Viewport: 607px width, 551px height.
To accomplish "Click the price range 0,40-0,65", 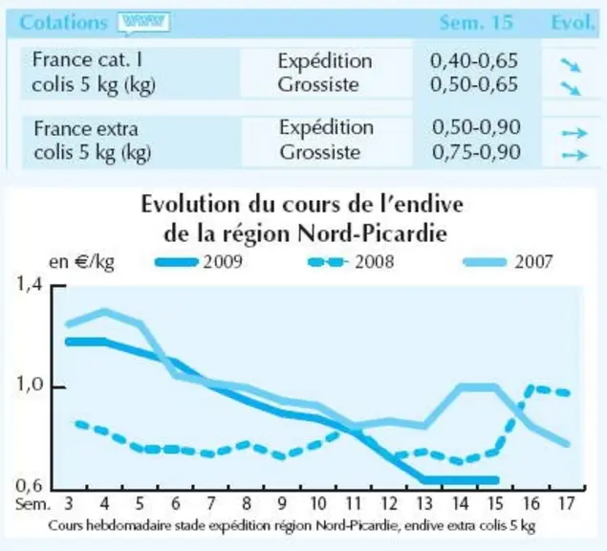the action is (x=474, y=61).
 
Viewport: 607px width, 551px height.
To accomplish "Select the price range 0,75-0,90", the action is (x=476, y=152).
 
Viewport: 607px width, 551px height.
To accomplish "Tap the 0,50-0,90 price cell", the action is (x=476, y=127).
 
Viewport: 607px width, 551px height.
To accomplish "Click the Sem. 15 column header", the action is (x=476, y=22).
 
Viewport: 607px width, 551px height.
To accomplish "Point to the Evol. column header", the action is (x=573, y=22).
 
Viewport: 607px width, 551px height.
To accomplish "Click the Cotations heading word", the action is (x=63, y=22).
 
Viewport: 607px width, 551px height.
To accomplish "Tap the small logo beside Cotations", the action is (x=144, y=23).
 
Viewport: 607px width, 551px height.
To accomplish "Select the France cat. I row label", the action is (x=88, y=60).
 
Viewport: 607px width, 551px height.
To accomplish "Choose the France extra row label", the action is (x=86, y=128).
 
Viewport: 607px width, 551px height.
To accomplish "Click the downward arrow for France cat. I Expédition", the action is (x=571, y=65).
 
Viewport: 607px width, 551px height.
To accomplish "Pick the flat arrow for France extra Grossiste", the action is (x=574, y=155).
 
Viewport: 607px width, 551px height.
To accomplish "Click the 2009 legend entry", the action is (x=199, y=262).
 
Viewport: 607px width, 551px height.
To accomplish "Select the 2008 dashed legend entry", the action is (x=351, y=262).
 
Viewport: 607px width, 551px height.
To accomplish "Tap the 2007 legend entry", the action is (x=508, y=262).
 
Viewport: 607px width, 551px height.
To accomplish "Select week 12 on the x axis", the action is (x=389, y=503).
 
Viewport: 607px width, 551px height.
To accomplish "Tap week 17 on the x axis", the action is (x=566, y=503).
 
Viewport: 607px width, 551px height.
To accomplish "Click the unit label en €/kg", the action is (x=81, y=263).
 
